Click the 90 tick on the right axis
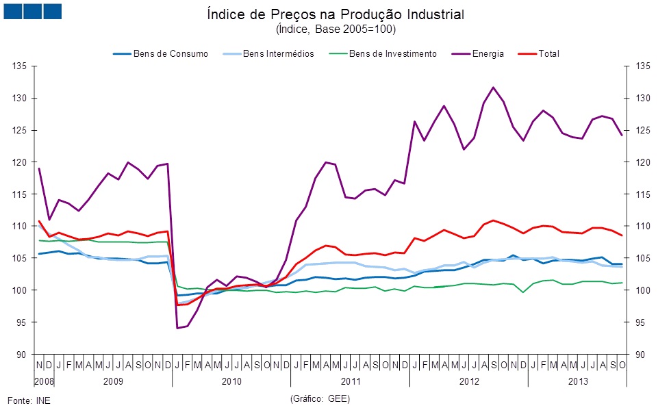(x=641, y=355)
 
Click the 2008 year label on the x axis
(x=44, y=379)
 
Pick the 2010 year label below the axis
(x=231, y=379)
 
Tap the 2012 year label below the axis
(x=468, y=379)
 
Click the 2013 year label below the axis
(x=577, y=379)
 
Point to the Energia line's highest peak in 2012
(x=493, y=88)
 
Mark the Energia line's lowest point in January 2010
(x=177, y=328)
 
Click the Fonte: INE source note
(x=29, y=400)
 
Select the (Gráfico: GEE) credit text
(x=320, y=398)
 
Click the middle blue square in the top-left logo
(x=32, y=11)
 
